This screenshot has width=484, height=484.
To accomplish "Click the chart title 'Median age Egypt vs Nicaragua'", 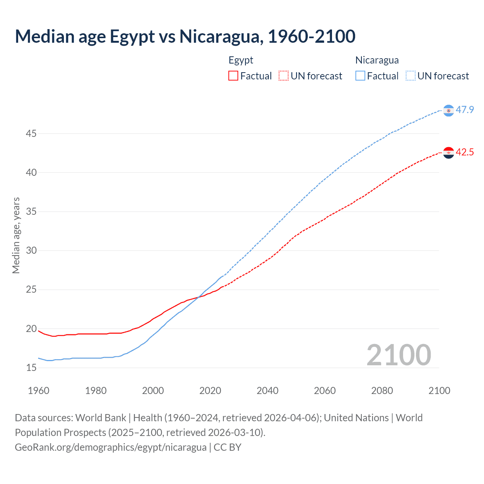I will (x=185, y=36).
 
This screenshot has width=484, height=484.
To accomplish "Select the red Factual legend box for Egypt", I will (x=233, y=76).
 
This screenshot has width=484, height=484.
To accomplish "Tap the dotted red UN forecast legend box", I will (x=284, y=76).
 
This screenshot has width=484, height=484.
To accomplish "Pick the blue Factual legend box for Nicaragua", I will (x=360, y=76).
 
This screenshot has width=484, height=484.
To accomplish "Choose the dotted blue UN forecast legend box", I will (x=411, y=76).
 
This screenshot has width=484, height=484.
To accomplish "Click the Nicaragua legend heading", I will (x=377, y=60).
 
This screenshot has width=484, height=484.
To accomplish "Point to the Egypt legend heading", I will (x=241, y=60).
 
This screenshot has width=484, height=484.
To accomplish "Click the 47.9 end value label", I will (x=465, y=110).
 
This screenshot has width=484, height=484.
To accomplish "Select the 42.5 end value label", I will (x=465, y=152).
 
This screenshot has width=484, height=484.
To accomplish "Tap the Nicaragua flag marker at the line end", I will (x=448, y=110).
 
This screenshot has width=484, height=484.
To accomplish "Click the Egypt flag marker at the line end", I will (x=448, y=153).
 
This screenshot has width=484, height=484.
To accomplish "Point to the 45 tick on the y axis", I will (x=31, y=133).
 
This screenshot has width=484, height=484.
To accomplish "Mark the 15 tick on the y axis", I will (x=31, y=368).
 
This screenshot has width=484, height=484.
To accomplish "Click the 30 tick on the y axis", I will (x=31, y=250).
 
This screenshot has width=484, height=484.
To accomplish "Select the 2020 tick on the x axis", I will (x=210, y=391).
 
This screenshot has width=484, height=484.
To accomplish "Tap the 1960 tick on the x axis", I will (x=39, y=391).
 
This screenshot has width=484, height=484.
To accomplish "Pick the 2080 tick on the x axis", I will (x=382, y=391).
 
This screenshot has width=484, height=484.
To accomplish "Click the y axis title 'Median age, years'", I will (x=16, y=235).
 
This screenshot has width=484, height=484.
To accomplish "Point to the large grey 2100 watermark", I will (x=399, y=355).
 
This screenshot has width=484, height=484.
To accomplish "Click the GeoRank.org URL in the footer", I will (x=110, y=447).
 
